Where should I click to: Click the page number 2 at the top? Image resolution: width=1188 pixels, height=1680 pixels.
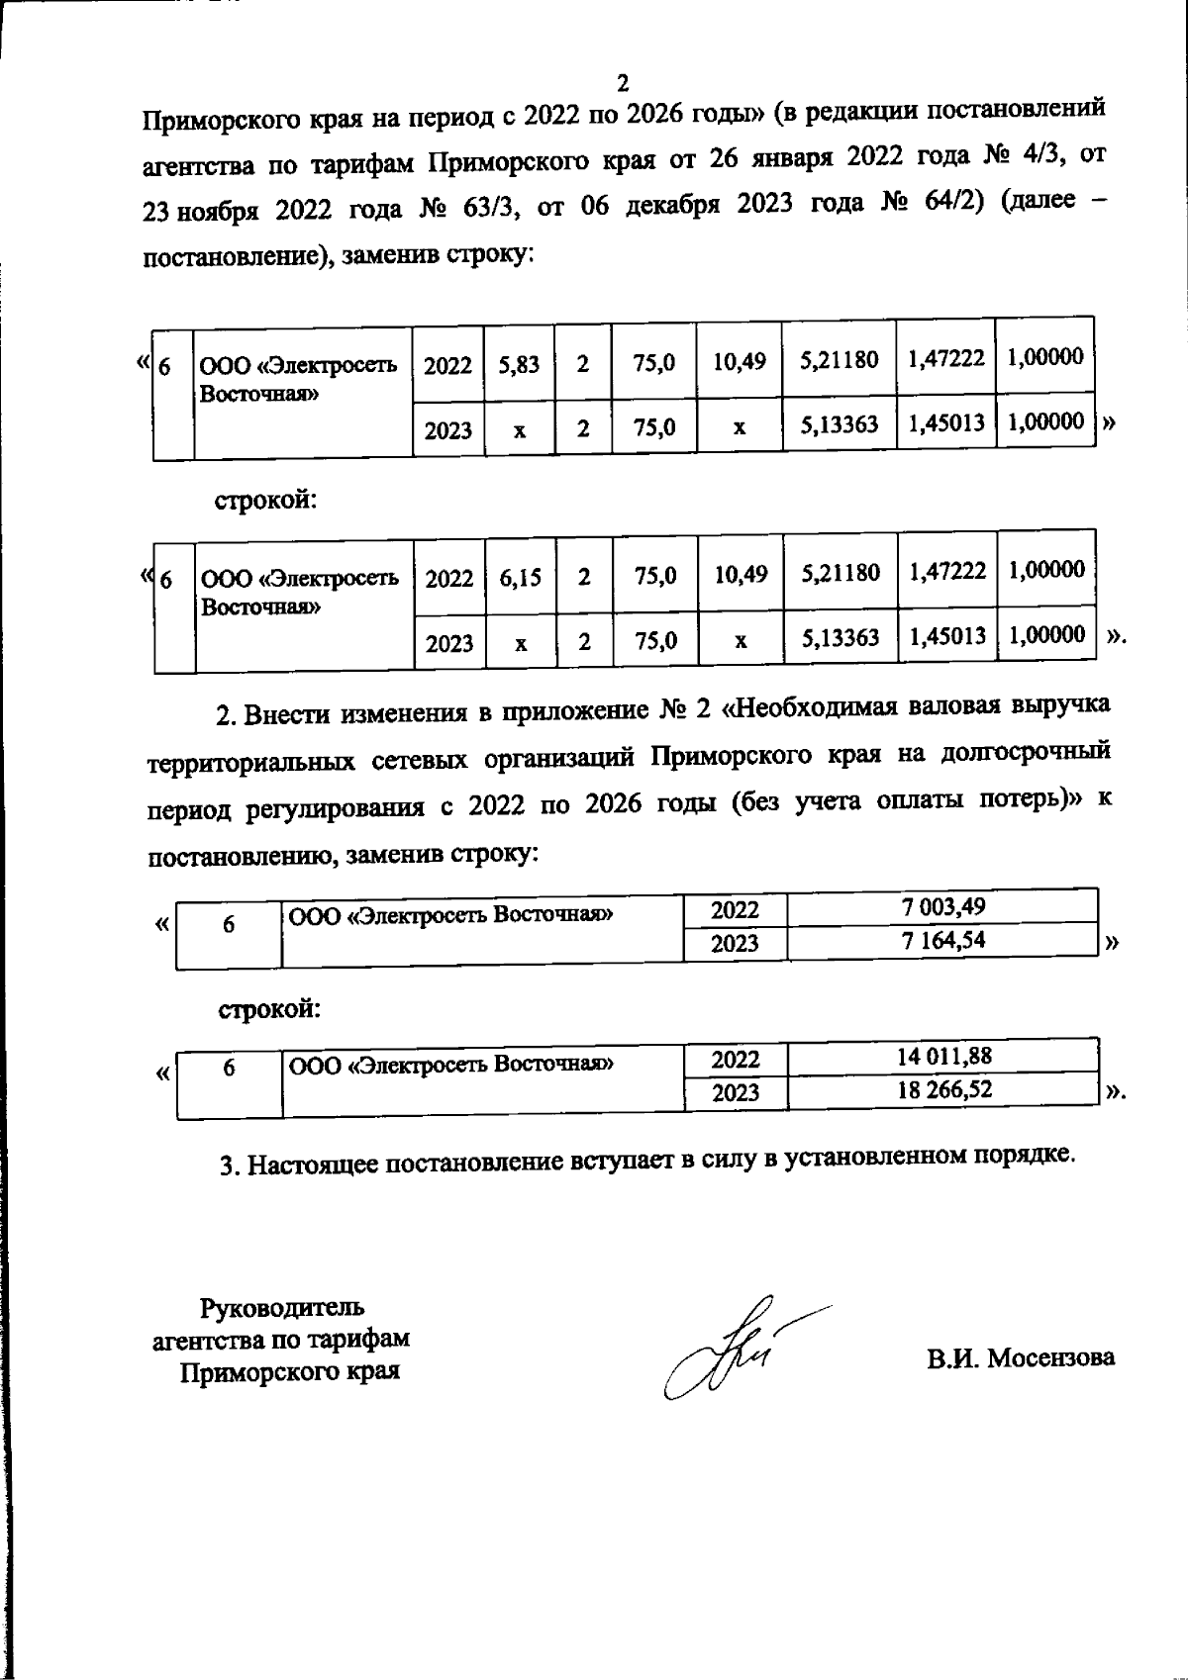click(623, 81)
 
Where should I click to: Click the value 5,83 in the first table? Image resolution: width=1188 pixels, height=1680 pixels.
click(519, 364)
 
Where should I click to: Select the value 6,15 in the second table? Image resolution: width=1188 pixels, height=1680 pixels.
click(520, 577)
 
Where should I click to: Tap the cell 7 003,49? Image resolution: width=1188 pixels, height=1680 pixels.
click(942, 906)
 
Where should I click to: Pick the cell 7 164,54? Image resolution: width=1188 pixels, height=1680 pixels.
click(942, 940)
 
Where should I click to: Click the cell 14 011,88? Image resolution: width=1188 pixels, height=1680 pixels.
click(943, 1056)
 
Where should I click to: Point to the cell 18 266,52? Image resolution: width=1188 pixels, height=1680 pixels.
click(943, 1089)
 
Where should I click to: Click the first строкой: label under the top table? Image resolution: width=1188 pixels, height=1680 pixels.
click(267, 500)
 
